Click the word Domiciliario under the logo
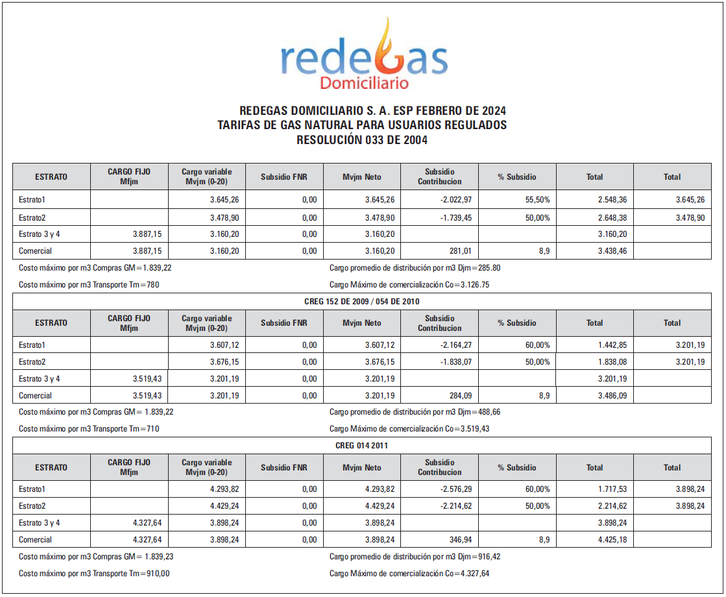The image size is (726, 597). (x=364, y=83)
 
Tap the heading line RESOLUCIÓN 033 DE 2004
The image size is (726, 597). (x=362, y=140)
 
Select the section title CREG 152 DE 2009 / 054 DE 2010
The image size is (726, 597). (x=362, y=302)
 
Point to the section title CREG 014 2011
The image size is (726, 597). (x=362, y=446)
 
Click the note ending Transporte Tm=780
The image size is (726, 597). (x=89, y=284)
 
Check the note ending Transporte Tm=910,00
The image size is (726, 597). (x=94, y=573)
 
